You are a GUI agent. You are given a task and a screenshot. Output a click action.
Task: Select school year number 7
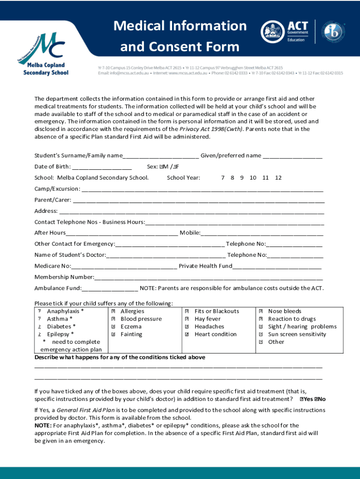point(223,178)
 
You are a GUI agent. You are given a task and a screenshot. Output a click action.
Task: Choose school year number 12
point(278,178)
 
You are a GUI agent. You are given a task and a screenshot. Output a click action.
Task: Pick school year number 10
point(253,178)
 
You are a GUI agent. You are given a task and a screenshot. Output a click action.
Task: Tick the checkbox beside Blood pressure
point(114,319)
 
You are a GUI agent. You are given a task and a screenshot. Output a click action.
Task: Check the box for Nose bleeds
point(261,312)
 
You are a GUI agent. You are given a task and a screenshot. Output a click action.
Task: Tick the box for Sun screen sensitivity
point(261,334)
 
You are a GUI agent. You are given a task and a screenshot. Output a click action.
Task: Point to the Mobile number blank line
point(262,233)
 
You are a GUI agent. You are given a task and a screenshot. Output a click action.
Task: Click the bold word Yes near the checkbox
point(309,399)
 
